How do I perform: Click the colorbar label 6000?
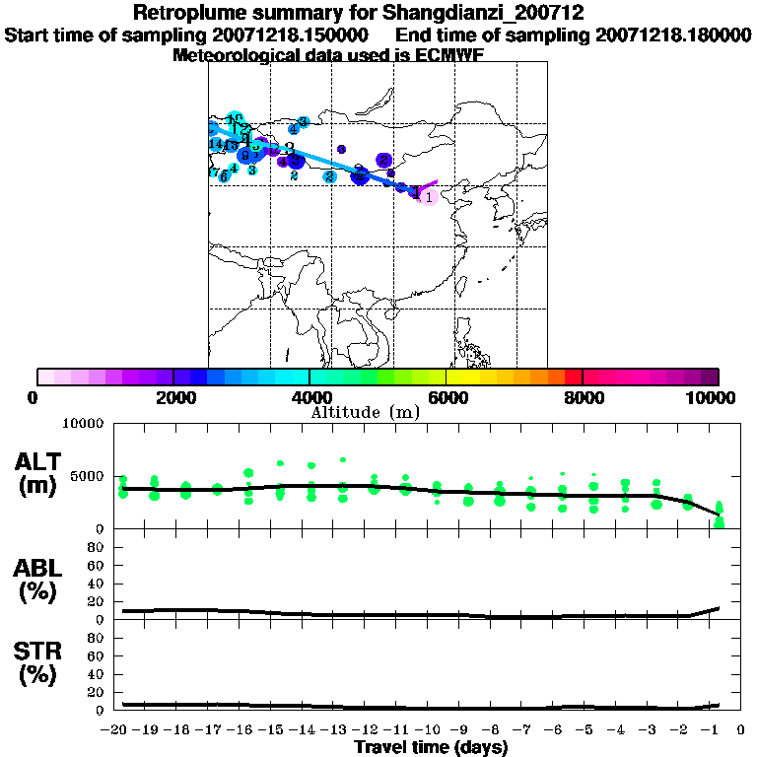[x=446, y=397]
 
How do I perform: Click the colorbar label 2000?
[x=173, y=397]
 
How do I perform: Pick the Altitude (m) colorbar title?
[x=365, y=412]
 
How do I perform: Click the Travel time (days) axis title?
[x=431, y=748]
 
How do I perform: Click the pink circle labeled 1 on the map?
[x=428, y=196]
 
